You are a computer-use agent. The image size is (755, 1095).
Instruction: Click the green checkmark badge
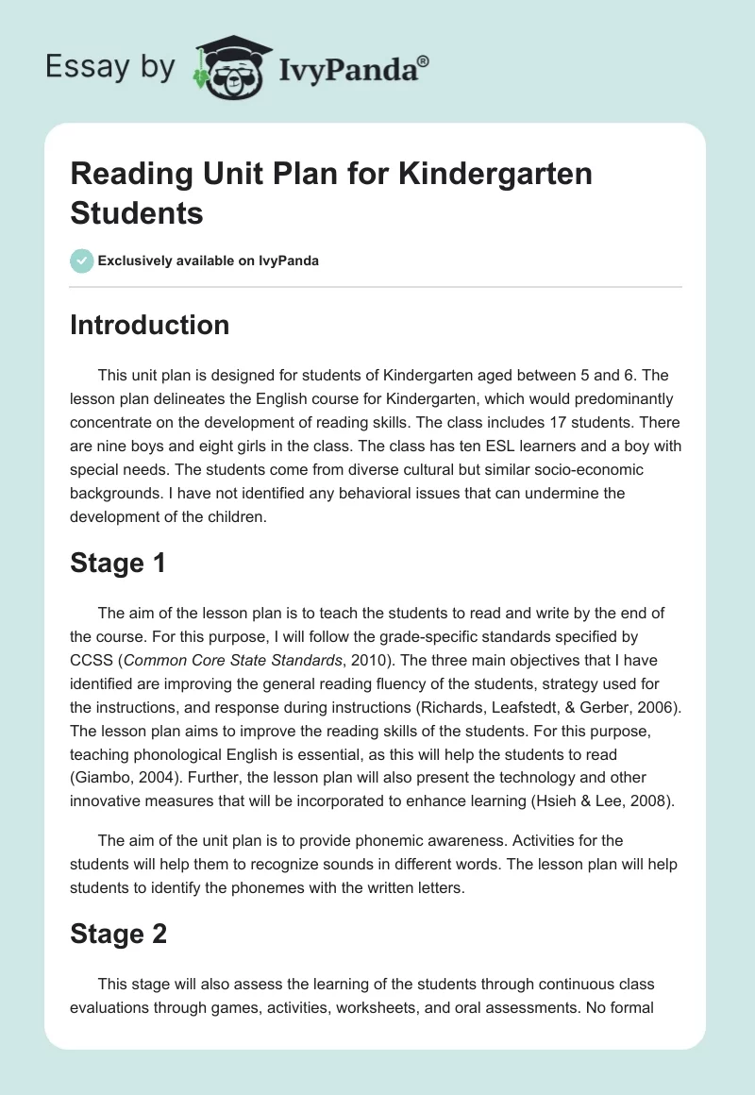[82, 261]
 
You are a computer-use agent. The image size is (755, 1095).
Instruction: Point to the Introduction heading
[149, 325]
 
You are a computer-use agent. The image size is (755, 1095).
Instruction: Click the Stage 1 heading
[118, 564]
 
